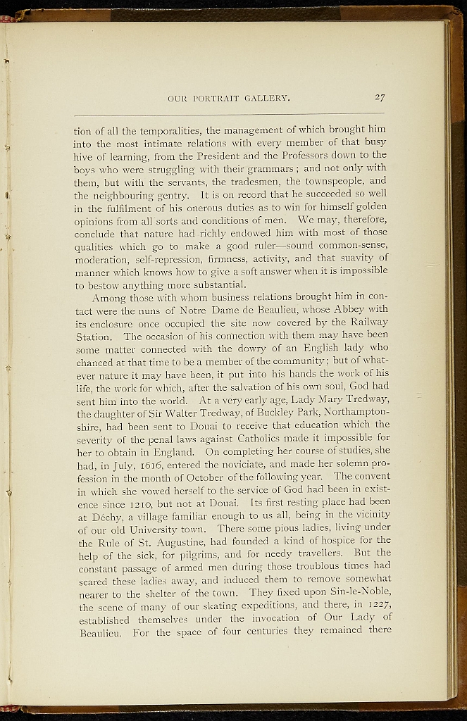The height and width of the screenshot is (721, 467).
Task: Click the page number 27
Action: tap(379, 98)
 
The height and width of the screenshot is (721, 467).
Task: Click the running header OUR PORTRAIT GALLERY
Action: tap(229, 99)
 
